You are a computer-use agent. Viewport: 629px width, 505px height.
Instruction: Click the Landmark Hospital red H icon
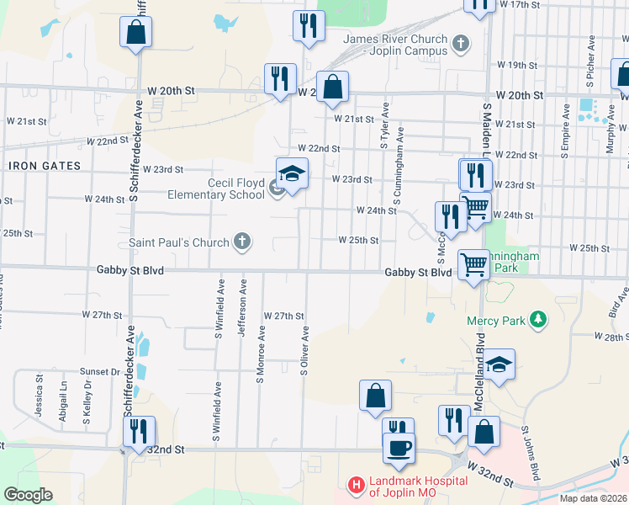point(356,486)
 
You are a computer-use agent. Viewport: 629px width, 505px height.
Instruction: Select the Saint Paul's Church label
point(178,242)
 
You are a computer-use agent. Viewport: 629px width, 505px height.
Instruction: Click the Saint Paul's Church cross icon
point(241,242)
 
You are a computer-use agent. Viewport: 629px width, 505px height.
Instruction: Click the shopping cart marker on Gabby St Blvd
point(473,264)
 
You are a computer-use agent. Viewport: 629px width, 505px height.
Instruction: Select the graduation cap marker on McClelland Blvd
point(499,364)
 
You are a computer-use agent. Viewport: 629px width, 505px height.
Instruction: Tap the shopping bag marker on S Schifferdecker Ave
point(135,34)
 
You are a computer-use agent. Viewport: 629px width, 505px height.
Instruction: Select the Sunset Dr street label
point(101,371)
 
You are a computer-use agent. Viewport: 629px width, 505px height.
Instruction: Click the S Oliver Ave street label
point(304,350)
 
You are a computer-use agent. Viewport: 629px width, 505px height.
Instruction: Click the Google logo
point(29,495)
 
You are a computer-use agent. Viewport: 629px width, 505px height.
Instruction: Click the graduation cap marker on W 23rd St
point(291,173)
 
